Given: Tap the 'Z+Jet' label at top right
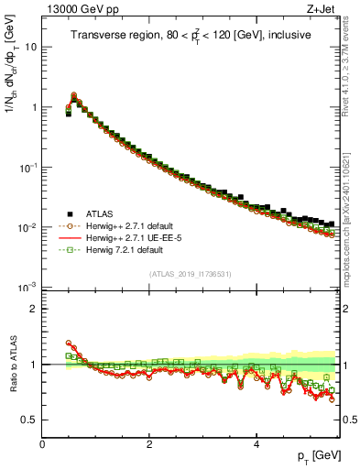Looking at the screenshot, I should point(321,11).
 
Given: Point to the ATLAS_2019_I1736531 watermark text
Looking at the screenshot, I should point(191,274).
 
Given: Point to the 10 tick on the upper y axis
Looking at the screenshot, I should point(32,47).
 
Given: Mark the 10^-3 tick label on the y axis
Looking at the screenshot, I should point(28,287).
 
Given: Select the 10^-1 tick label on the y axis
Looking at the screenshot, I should point(28,167).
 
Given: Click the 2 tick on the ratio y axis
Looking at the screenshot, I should point(34,309).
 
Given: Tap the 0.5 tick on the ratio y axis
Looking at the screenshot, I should point(30,420).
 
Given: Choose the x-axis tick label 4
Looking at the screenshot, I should point(256,443).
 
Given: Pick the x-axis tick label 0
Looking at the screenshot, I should point(42,443).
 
